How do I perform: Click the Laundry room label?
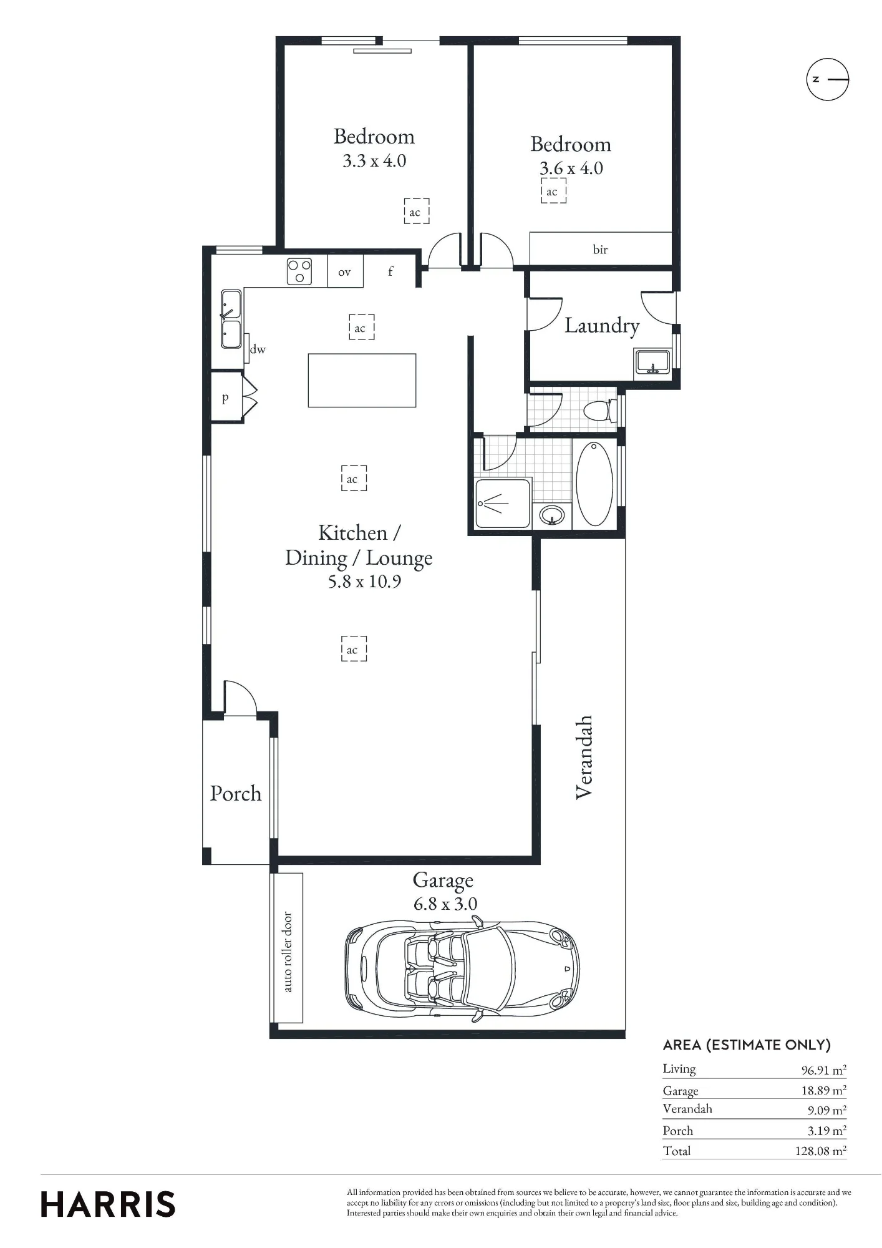point(602,326)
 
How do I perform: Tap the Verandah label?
point(584,757)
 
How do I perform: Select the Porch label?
point(236,793)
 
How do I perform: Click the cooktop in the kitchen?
point(299,271)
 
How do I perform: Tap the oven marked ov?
point(345,271)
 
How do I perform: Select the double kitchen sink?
point(231,319)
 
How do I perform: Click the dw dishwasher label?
point(258,349)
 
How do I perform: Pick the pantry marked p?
point(226,397)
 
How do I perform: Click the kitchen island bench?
point(362,381)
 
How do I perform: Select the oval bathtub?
point(594,484)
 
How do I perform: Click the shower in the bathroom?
point(503,503)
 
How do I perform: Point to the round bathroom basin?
point(552,515)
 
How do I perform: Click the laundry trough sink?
point(652,362)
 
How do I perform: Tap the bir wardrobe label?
point(600,250)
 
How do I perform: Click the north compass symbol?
point(828,79)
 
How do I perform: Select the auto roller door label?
point(288,952)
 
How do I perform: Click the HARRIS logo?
point(108,1204)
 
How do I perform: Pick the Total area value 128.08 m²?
point(820,1151)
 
